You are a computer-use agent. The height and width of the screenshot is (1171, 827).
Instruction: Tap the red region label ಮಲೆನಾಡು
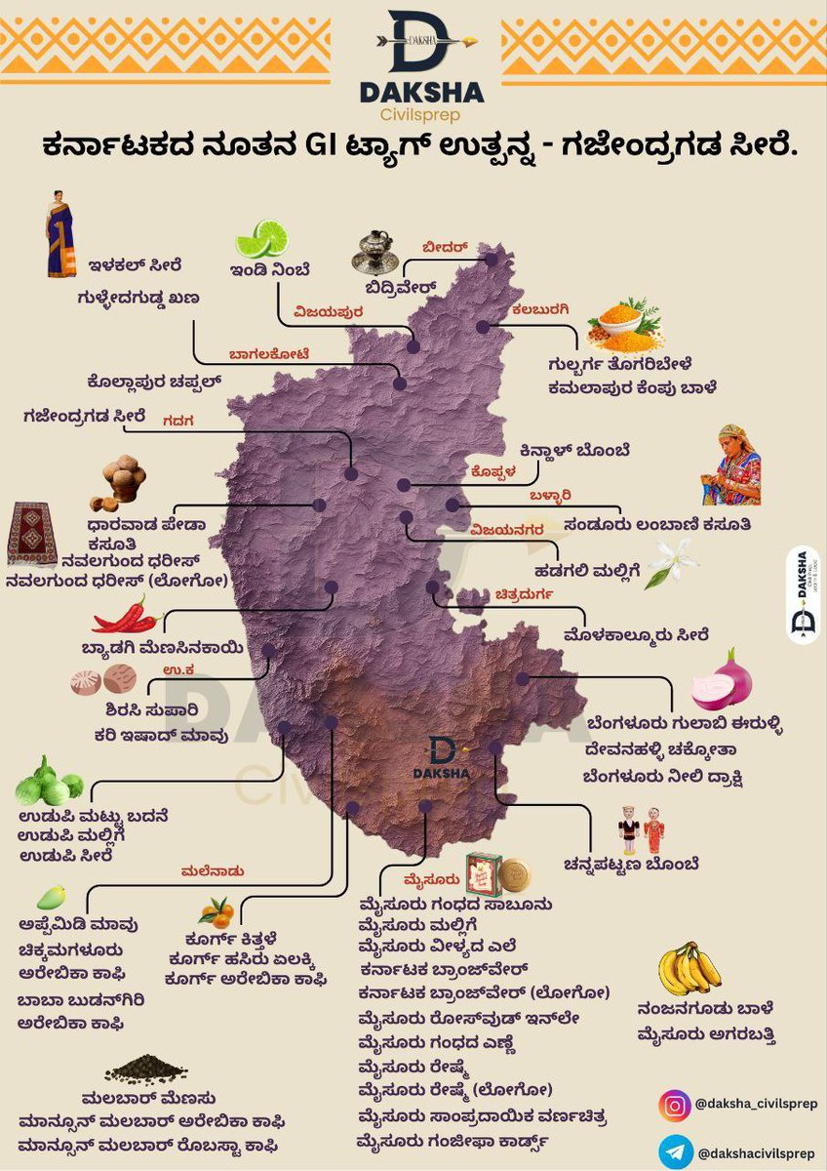coord(213,870)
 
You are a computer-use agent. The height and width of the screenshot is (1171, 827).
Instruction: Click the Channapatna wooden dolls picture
coord(641,831)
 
